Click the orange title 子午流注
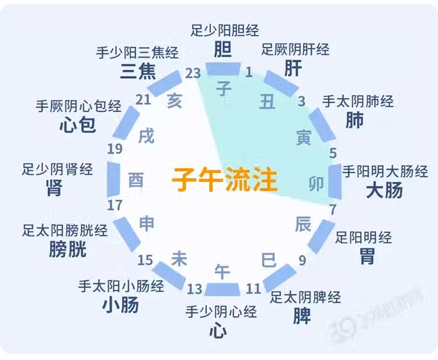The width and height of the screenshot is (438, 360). [225, 179]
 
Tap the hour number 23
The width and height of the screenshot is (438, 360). [193, 74]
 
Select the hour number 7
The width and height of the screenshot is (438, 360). [333, 210]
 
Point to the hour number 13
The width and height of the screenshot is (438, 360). [194, 289]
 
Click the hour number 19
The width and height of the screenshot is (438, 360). [115, 149]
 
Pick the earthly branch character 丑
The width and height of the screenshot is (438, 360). [267, 102]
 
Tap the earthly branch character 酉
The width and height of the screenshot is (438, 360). [135, 180]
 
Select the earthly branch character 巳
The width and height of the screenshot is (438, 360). [269, 260]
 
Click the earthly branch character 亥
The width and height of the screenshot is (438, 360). [175, 101]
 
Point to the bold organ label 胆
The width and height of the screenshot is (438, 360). [223, 49]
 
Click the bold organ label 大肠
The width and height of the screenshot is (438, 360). [384, 190]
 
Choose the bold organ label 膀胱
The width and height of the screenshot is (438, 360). [68, 249]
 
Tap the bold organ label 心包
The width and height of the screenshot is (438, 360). [78, 124]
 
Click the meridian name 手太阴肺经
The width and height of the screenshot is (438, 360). [358, 102]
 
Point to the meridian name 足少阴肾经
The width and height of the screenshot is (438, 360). [58, 169]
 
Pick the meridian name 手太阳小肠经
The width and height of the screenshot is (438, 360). [121, 286]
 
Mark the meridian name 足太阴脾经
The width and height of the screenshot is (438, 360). [305, 297]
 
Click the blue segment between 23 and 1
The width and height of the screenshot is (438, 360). [223, 69]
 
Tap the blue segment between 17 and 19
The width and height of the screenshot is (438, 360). [114, 179]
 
